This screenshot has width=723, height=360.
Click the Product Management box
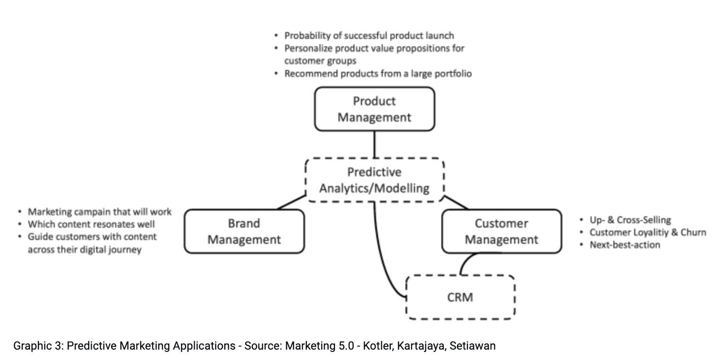click(374, 109)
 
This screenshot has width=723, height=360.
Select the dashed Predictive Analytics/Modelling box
click(374, 180)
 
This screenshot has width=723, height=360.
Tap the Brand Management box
click(244, 231)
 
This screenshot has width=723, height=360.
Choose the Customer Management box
click(501, 231)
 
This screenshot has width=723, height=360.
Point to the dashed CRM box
click(460, 297)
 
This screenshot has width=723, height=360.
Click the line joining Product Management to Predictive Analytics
click(374, 144)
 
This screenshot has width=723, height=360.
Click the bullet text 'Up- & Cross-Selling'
click(630, 220)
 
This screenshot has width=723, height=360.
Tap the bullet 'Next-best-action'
click(624, 245)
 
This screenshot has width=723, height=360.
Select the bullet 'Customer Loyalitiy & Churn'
click(647, 232)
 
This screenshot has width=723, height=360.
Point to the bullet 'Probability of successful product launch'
click(369, 35)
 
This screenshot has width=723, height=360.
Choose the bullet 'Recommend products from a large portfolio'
click(378, 73)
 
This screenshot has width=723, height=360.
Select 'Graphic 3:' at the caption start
click(38, 346)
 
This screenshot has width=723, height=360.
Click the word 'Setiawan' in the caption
click(473, 346)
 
